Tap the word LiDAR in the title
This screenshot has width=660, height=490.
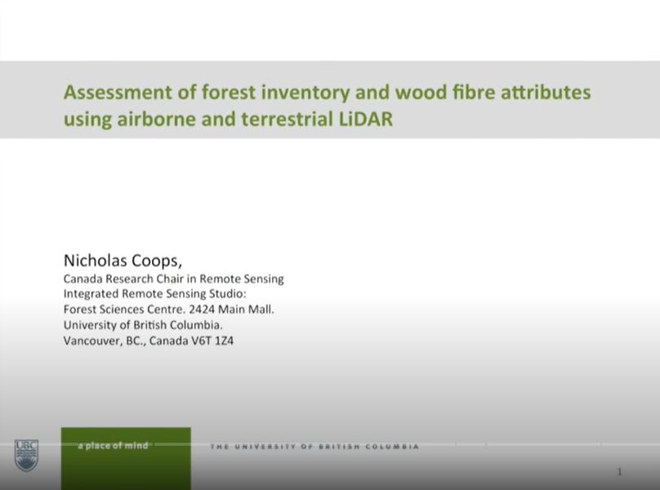point(365,118)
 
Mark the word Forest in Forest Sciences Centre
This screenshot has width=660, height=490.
point(80,310)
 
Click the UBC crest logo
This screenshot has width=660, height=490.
point(25,454)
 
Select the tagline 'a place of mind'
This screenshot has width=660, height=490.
point(113,446)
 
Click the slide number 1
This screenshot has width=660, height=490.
point(620,472)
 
